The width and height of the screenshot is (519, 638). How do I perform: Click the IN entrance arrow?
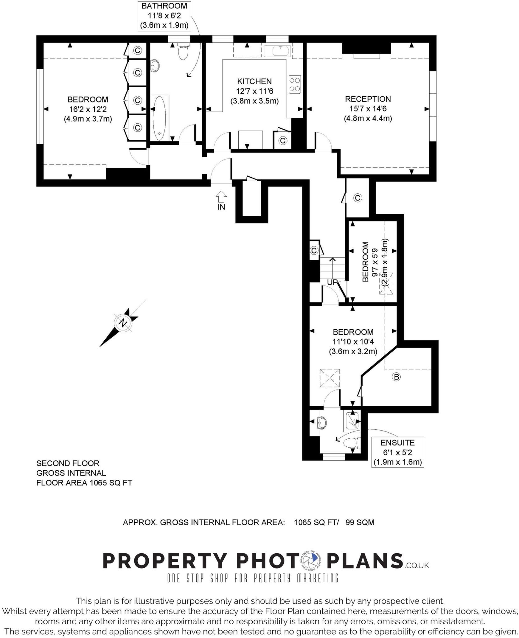(221, 197)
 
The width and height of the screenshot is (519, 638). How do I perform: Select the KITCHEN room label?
(254, 82)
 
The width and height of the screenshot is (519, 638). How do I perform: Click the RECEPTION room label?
(368, 99)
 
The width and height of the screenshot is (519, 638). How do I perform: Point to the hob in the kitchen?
(295, 84)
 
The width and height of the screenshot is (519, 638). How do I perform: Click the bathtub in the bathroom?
(160, 118)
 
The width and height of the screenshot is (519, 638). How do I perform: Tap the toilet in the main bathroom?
(183, 52)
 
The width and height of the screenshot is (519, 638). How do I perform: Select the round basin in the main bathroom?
(155, 65)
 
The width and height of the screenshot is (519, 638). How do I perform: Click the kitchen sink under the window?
(277, 51)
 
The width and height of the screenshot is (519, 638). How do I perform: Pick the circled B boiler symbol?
(396, 377)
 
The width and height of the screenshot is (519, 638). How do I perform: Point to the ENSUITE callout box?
(398, 452)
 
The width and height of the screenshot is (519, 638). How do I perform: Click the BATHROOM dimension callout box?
(164, 16)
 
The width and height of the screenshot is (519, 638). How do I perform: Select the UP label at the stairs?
(332, 282)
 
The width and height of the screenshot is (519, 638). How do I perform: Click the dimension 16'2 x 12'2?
(88, 109)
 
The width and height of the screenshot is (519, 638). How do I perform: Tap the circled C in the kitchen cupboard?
(283, 141)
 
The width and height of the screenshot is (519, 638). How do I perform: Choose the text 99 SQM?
(360, 522)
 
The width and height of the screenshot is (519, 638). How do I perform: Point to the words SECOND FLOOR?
(68, 463)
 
